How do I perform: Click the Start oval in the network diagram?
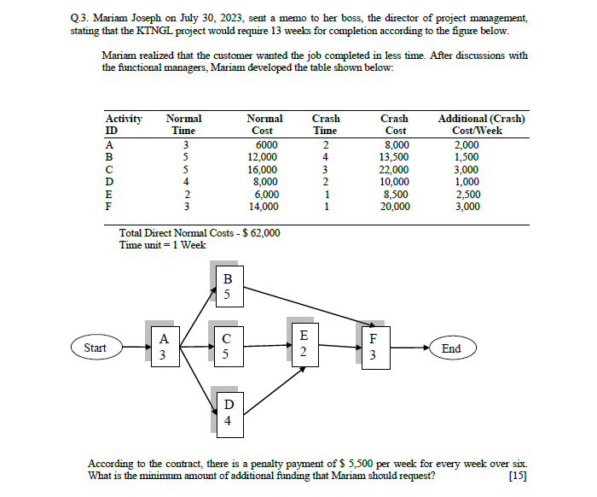(x=95, y=348)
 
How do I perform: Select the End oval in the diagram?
(x=451, y=348)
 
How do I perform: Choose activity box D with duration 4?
(x=227, y=412)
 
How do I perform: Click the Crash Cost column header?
(x=394, y=125)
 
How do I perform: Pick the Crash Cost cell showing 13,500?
(x=394, y=157)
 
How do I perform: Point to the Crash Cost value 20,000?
(x=394, y=206)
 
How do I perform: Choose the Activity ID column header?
(x=123, y=125)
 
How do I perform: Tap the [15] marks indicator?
(x=514, y=476)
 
